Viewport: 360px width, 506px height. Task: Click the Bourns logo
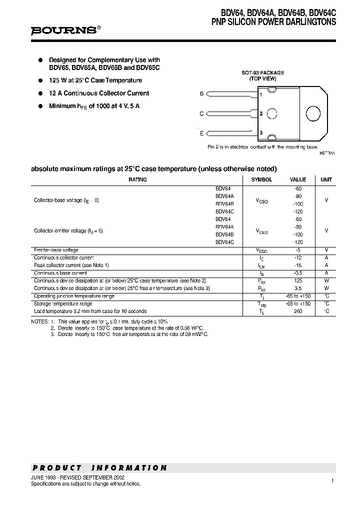click(x=65, y=30)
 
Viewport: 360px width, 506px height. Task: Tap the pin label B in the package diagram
click(x=201, y=93)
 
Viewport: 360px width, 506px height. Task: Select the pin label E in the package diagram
click(x=201, y=133)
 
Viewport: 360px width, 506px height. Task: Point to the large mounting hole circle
click(x=313, y=113)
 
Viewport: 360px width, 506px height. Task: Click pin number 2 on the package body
click(x=261, y=113)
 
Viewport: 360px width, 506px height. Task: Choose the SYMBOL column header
click(x=261, y=179)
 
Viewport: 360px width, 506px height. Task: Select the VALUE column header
click(x=298, y=179)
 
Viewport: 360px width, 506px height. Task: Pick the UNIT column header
click(x=326, y=179)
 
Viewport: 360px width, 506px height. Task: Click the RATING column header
click(x=137, y=179)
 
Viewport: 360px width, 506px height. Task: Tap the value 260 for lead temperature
click(x=298, y=311)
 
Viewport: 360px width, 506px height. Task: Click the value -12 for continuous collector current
click(x=298, y=257)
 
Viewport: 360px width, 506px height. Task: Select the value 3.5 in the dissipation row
click(x=298, y=288)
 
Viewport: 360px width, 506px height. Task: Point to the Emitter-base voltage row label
click(x=56, y=250)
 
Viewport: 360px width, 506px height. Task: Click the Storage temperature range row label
click(x=63, y=303)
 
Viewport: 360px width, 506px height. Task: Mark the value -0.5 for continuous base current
click(x=298, y=273)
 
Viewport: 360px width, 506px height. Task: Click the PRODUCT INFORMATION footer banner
click(x=99, y=468)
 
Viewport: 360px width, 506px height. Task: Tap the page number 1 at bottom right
click(x=332, y=480)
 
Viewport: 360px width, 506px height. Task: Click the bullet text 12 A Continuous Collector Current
click(x=99, y=93)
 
